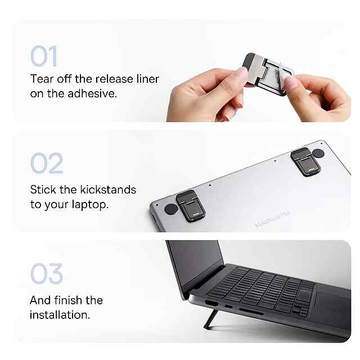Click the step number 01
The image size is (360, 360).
(x=44, y=56)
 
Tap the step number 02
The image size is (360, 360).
(x=47, y=163)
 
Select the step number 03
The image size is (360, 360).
(x=47, y=274)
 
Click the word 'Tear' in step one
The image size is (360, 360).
(x=42, y=79)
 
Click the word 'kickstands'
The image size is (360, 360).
(x=108, y=190)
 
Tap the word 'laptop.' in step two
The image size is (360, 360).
(x=90, y=205)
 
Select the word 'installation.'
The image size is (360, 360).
(x=60, y=315)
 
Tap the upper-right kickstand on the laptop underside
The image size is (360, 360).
(x=305, y=161)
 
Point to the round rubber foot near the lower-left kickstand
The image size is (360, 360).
(x=171, y=209)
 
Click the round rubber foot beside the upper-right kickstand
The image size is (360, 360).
(x=318, y=153)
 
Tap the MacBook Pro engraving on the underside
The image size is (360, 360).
(x=272, y=219)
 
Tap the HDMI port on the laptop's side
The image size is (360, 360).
(x=211, y=303)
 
